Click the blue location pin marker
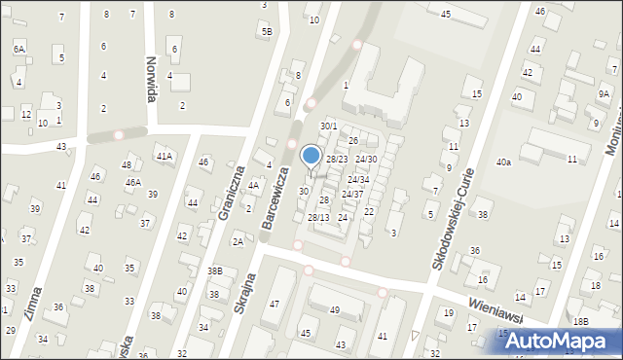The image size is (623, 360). click(311, 157)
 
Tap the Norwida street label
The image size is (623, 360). click(151, 69)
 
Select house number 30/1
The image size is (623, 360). click(329, 126)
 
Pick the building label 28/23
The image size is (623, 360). click(336, 159)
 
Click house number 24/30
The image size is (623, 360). click(366, 159)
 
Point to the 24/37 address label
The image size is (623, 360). click(352, 194)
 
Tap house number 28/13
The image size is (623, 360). click(318, 217)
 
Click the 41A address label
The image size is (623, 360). click(164, 156)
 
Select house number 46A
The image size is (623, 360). click(131, 182)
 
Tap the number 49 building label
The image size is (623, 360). click(334, 310)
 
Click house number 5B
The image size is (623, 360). click(266, 31)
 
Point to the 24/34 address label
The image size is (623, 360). click(358, 180)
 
